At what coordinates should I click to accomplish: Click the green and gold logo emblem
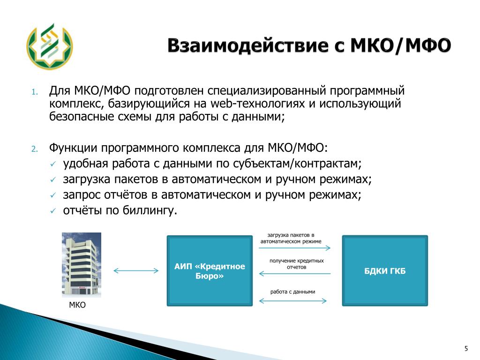tap(50, 46)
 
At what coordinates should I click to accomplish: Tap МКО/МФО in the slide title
tap(401, 45)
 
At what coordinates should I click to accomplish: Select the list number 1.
tap(35, 92)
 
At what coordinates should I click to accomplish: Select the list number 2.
tap(35, 149)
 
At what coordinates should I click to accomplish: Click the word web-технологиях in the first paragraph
tap(257, 104)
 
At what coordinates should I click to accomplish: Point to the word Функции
tap(73, 148)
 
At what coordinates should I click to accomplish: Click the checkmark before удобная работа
tap(53, 165)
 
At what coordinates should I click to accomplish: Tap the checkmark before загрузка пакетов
tap(53, 180)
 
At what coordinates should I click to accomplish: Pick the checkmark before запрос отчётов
tap(53, 195)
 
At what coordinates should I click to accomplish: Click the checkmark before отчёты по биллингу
tap(53, 211)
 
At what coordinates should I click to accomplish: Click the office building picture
tap(82, 265)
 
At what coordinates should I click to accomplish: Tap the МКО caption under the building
tap(77, 305)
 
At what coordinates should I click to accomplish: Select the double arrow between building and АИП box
tap(136, 270)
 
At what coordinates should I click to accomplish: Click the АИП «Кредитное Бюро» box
tap(210, 270)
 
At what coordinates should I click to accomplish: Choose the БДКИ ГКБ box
tap(385, 270)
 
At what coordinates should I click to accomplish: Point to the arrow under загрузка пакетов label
tap(294, 247)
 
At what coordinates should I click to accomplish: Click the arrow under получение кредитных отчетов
tap(295, 273)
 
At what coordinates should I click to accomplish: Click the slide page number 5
tap(466, 348)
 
